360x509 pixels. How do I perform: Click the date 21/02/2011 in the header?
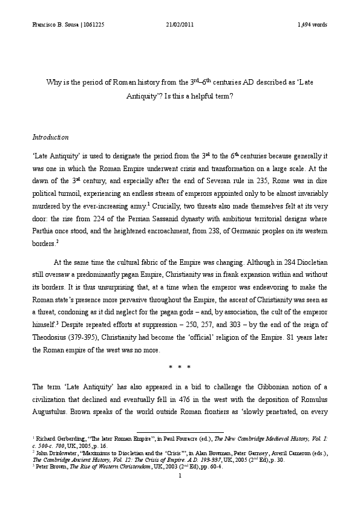pos(179,25)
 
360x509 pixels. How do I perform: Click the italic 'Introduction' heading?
pos(50,138)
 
